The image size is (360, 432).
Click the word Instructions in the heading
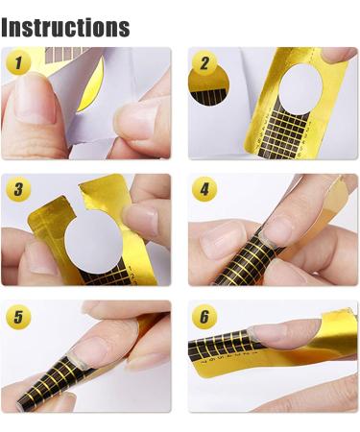click(65, 28)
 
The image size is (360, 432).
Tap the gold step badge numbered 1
click(18, 62)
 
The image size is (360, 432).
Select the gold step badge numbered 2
click(204, 62)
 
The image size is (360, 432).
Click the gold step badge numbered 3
click(18, 189)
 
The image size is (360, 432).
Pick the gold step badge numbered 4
click(204, 189)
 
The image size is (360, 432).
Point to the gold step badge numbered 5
click(18, 317)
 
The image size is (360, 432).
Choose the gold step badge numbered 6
click(204, 317)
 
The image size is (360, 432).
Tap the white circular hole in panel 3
click(94, 243)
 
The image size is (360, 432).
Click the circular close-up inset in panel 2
click(208, 86)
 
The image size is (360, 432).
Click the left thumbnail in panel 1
click(36, 99)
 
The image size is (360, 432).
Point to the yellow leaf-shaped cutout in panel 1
click(91, 84)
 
